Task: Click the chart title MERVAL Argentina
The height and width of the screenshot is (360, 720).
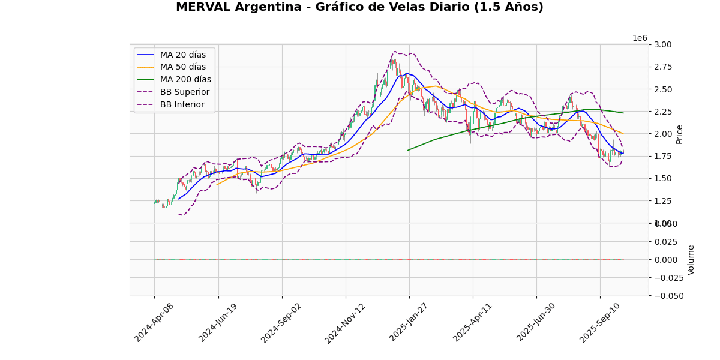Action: coord(359,7)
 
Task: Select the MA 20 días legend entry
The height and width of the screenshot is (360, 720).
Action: coord(182,55)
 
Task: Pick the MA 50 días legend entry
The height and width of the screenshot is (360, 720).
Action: coord(182,67)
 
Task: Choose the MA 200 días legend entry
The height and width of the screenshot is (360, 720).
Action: coord(185,80)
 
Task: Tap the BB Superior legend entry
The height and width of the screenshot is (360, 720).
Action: coord(184,92)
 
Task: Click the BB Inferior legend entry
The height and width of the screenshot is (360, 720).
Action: coord(182,105)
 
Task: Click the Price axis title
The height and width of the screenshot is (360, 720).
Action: coord(679,134)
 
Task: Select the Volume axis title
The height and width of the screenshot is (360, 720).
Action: coord(691,259)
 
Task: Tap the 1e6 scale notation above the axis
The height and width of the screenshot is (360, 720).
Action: coord(640,38)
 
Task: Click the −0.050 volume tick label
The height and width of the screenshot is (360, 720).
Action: coord(667,296)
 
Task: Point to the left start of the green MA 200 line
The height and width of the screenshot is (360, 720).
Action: coord(408,150)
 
